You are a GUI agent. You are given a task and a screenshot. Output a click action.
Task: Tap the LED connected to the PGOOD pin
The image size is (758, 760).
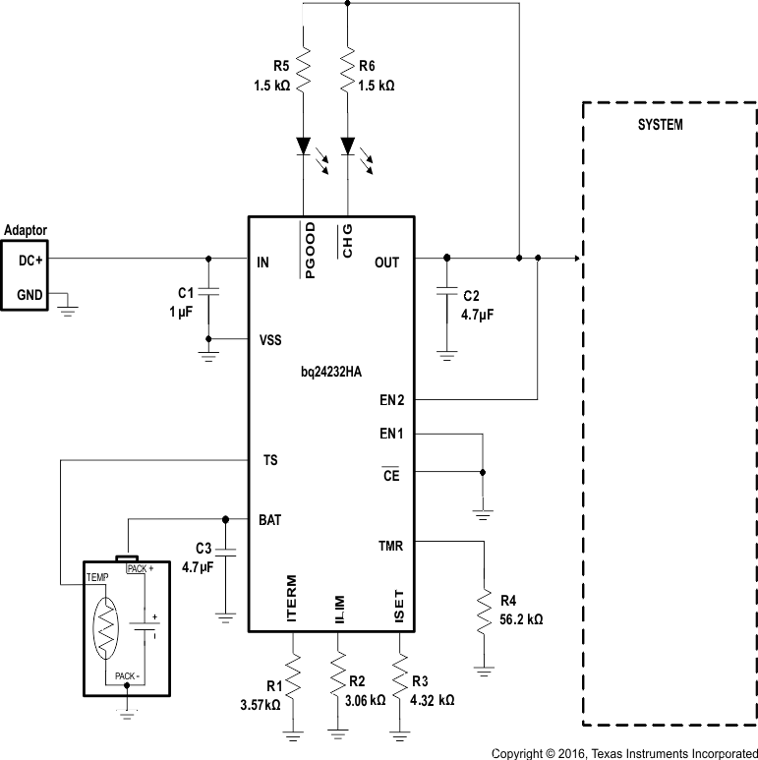[304, 146]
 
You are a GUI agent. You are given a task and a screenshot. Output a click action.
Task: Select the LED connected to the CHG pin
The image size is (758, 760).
[347, 146]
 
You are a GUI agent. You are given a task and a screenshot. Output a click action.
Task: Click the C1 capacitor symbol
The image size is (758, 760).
[208, 292]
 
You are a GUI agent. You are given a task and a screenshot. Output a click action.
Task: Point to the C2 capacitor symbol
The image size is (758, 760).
[447, 292]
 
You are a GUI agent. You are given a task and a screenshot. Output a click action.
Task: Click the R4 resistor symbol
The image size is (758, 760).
[483, 612]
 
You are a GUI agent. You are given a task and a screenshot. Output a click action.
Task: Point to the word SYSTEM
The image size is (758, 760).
[660, 126]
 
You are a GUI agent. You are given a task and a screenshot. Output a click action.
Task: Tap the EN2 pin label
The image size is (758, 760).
[391, 400]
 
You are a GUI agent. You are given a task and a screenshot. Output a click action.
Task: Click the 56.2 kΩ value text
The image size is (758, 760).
[521, 620]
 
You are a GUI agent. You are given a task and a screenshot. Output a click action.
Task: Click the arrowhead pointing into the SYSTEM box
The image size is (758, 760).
[576, 259]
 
